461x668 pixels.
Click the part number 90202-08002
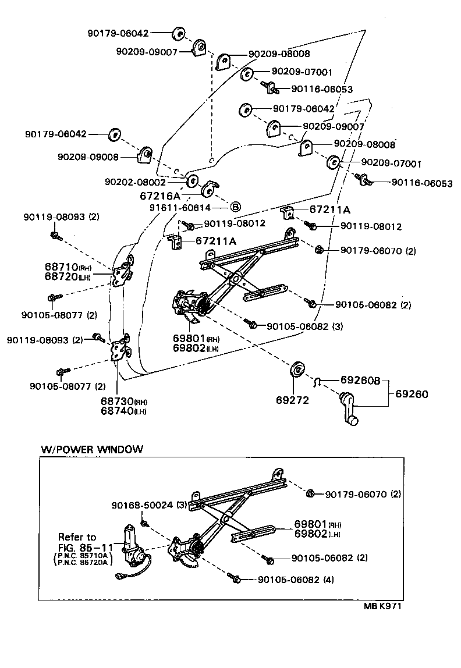(135, 182)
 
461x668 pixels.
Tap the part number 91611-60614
(179, 208)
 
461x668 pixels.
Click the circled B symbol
(236, 207)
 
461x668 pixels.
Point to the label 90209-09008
(88, 157)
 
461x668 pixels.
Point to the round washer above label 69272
(298, 369)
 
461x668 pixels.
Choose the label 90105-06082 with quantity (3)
(304, 326)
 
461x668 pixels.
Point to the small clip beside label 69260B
(318, 381)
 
